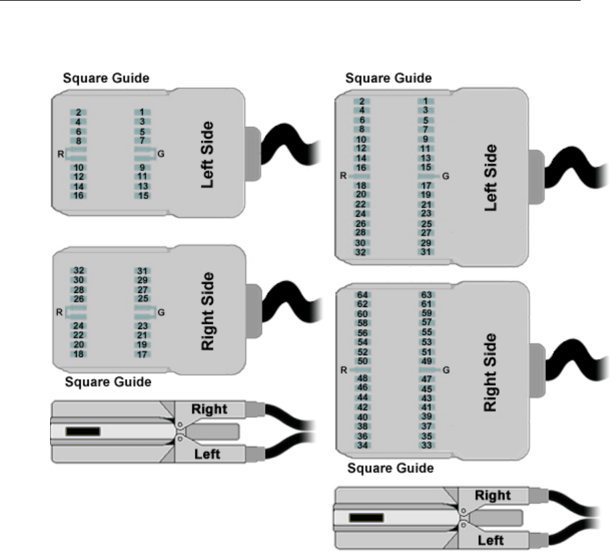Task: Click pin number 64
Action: click(362, 294)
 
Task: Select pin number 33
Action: click(427, 445)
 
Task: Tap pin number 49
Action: click(427, 360)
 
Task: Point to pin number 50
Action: click(362, 360)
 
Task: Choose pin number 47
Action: click(427, 379)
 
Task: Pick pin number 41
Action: click(427, 407)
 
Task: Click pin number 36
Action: click(362, 436)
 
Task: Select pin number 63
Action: click(427, 294)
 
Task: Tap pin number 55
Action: click(427, 332)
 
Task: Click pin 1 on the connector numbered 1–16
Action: click(143, 112)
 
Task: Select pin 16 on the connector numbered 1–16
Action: click(78, 196)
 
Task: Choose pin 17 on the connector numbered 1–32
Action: click(427, 185)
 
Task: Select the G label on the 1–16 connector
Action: click(161, 154)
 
